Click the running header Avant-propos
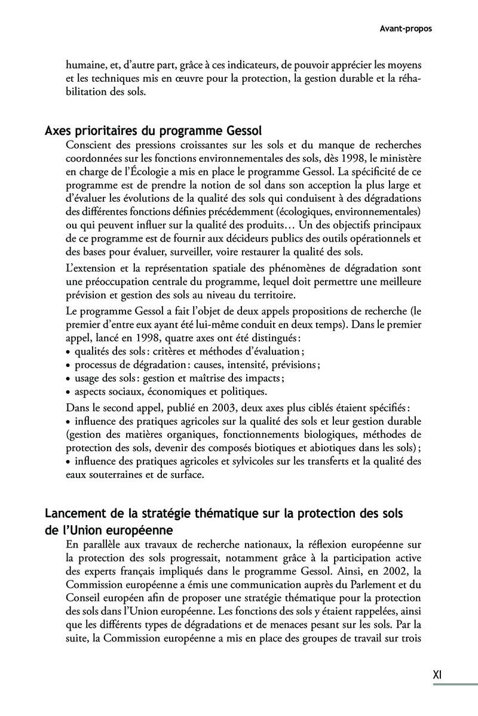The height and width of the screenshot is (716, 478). coord(406,28)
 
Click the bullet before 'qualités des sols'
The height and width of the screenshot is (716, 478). coord(69,351)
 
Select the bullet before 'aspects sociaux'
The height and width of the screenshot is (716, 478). coord(69,392)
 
